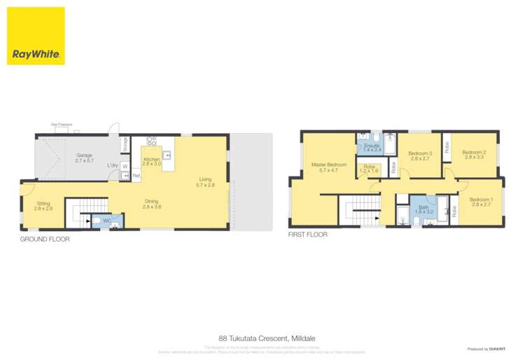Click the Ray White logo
click(36, 36)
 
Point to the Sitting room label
click(43, 205)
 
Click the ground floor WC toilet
click(97, 221)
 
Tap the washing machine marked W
click(125, 167)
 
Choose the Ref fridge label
click(136, 176)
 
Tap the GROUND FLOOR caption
click(45, 240)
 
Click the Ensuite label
click(372, 146)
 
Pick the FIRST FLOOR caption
click(308, 235)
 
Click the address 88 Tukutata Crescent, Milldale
click(262, 336)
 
